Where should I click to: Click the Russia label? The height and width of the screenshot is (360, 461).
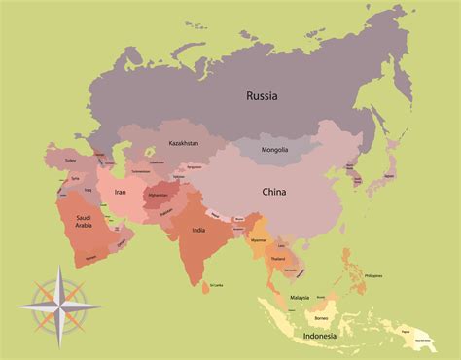262,95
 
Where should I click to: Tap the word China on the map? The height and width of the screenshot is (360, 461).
273,193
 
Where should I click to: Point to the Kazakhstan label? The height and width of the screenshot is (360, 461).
182,142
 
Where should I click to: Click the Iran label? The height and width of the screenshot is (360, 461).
121,193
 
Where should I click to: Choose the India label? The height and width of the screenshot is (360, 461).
198,231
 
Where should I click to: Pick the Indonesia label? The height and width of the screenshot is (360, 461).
320,336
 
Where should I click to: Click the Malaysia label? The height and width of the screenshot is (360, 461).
299,298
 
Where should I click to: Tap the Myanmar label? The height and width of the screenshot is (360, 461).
258,238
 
